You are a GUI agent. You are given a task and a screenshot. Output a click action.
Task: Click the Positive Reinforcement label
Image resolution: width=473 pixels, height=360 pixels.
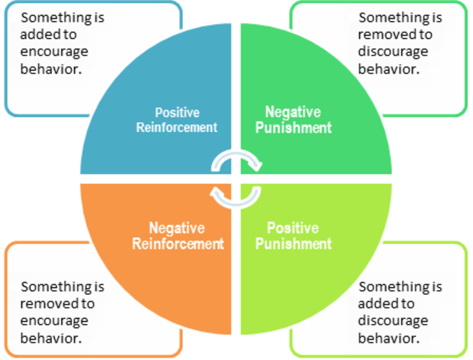tap(177, 120)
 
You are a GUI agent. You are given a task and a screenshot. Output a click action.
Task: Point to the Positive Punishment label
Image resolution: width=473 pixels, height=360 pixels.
tap(292, 235)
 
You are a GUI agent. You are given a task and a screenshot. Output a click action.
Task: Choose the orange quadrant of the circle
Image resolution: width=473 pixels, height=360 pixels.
tap(142, 285)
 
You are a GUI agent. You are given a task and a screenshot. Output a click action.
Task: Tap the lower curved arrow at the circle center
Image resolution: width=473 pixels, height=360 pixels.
tap(235, 196)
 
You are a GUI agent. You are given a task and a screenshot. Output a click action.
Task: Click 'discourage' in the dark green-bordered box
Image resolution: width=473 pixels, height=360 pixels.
tap(394, 52)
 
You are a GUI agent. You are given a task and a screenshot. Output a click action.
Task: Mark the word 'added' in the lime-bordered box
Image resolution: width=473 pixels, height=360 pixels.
tap(377, 304)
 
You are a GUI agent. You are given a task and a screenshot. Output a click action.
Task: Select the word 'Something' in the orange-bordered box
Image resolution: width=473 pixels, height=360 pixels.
tap(52, 286)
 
